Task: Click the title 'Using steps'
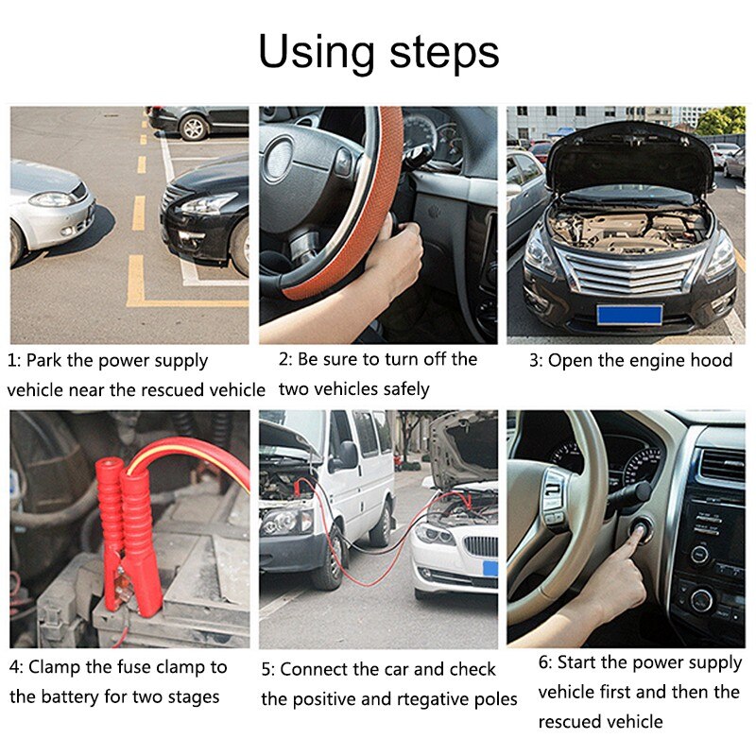tap(378, 52)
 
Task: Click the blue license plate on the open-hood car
tap(628, 314)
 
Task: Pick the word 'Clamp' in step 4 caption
tap(54, 667)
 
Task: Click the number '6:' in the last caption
tap(546, 662)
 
